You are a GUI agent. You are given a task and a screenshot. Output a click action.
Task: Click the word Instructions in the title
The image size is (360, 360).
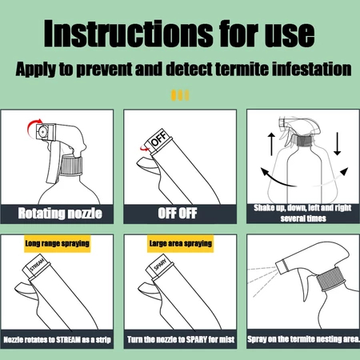coord(128,34)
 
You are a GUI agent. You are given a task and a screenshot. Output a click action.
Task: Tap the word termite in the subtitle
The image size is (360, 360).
coord(242,69)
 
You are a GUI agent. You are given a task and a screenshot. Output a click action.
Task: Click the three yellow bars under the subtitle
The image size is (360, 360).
coord(180,95)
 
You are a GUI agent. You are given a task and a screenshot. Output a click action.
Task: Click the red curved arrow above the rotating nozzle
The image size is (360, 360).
coord(33,127)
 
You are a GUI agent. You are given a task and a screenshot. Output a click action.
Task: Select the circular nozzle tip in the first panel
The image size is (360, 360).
coord(42,131)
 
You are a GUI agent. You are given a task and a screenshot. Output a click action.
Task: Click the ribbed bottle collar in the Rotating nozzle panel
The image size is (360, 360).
coord(71,166)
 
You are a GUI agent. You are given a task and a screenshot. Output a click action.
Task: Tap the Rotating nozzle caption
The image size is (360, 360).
coord(60,214)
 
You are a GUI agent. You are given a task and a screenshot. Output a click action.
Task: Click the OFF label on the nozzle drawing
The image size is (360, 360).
coord(159,138)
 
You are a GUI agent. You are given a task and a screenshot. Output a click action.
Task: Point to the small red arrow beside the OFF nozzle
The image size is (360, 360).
coord(145,149)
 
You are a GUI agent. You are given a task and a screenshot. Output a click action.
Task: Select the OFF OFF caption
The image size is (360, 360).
coord(178,214)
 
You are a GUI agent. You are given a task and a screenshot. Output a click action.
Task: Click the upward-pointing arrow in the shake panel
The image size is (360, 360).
coord(271,144)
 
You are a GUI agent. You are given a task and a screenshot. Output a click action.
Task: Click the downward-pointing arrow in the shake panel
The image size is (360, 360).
coord(338,143)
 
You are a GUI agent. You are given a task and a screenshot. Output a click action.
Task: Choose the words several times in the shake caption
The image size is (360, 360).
coord(303,218)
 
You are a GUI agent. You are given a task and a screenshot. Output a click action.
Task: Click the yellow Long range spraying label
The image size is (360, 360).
coord(58,243)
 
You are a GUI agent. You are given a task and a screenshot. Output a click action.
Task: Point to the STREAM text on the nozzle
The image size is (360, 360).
coord(37,265)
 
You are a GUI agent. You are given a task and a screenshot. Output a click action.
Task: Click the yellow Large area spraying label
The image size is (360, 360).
coord(181,243)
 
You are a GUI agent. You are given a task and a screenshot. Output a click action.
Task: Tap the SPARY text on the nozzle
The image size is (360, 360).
coord(160,265)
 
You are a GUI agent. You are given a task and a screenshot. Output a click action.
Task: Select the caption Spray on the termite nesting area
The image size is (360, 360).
coord(303,339)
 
